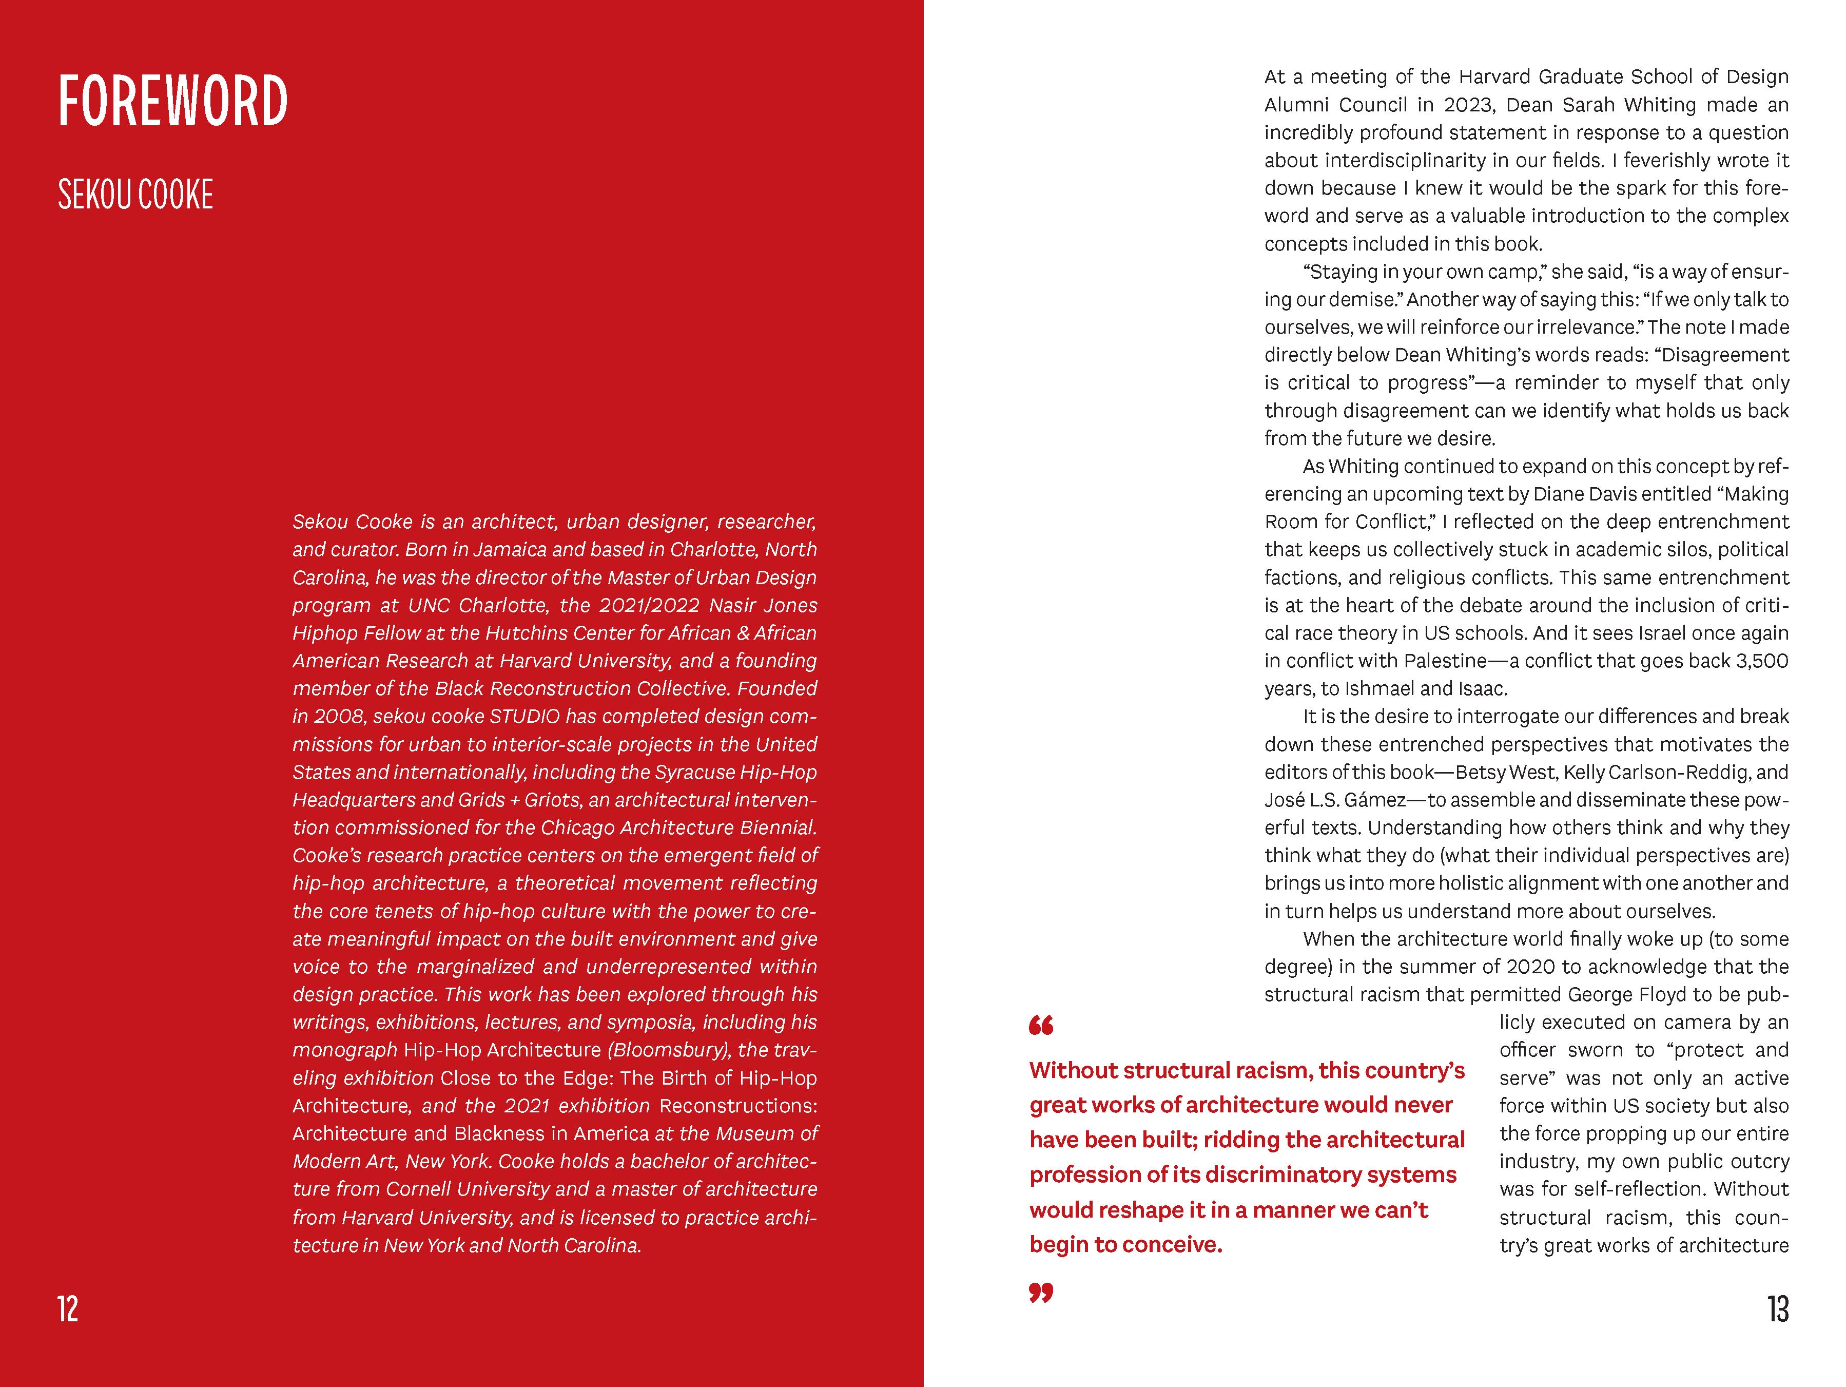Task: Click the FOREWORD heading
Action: (x=173, y=101)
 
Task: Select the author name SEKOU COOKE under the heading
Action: (x=135, y=195)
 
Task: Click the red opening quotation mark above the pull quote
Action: (x=1041, y=1026)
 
